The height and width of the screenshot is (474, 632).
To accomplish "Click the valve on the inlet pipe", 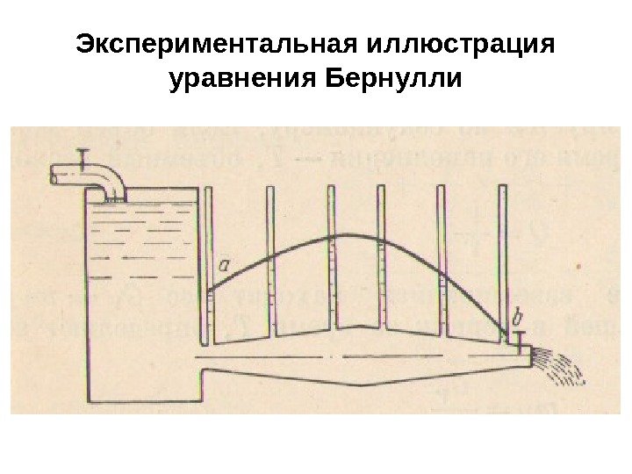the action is pyautogui.click(x=83, y=158).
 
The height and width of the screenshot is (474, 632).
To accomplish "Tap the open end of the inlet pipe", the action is pyautogui.click(x=54, y=176).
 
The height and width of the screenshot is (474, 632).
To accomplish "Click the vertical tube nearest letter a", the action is pyautogui.click(x=207, y=263).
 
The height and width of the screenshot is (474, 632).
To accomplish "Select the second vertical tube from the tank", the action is pyautogui.click(x=270, y=263).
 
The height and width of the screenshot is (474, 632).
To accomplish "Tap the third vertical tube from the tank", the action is pyautogui.click(x=333, y=263).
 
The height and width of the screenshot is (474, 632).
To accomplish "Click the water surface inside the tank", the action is pyautogui.click(x=140, y=204).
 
